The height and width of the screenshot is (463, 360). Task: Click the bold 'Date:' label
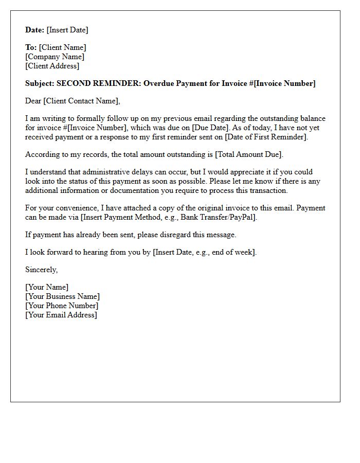point(34,30)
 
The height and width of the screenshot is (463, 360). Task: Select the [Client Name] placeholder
point(63,47)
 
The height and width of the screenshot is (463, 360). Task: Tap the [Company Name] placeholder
point(55,57)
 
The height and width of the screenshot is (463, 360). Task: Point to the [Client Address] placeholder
point(52,66)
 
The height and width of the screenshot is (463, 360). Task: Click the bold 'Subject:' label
point(40,83)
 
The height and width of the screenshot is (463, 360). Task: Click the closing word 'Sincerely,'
point(41,270)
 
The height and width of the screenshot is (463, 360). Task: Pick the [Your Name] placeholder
point(46,287)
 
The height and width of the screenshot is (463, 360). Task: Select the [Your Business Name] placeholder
point(62,296)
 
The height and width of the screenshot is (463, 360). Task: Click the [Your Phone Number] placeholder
point(61,306)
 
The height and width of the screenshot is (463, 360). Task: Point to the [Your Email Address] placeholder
point(61,315)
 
